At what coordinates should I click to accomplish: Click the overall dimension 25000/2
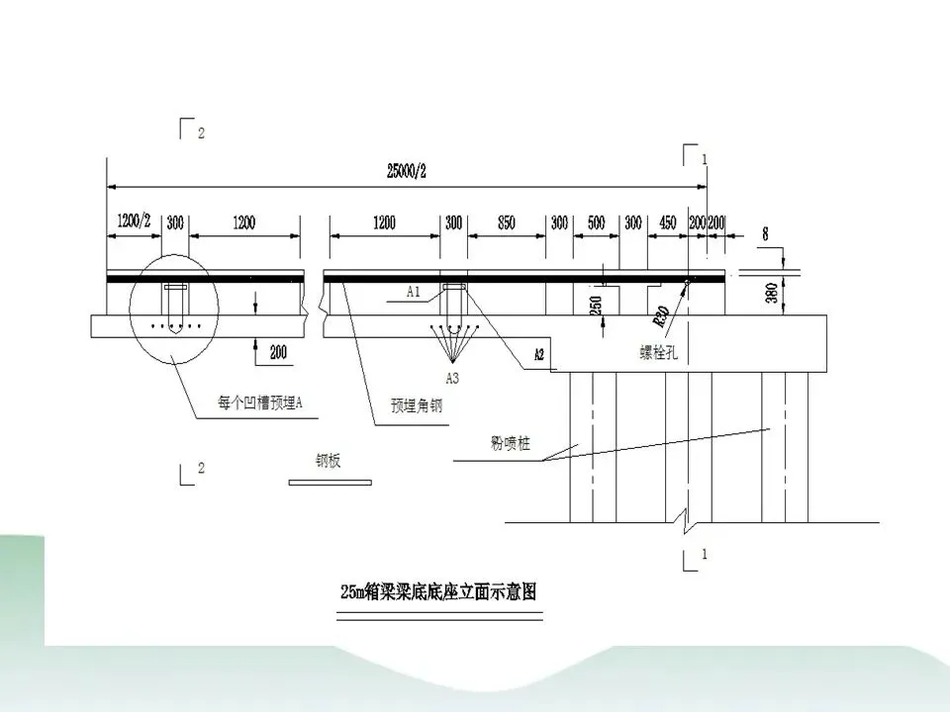pos(407,170)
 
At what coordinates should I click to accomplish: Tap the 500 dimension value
pos(596,222)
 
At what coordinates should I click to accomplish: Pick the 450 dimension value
pos(668,222)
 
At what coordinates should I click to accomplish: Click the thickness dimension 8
pos(764,235)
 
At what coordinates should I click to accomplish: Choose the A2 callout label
pos(539,353)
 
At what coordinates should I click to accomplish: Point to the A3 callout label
pos(452,378)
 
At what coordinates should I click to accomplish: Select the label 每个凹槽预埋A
pos(259,402)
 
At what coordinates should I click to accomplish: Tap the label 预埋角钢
pos(414,404)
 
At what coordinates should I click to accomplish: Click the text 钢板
pos(328,461)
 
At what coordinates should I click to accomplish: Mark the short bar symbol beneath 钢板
pos(330,483)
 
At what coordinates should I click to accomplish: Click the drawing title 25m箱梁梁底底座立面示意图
pos(438,592)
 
